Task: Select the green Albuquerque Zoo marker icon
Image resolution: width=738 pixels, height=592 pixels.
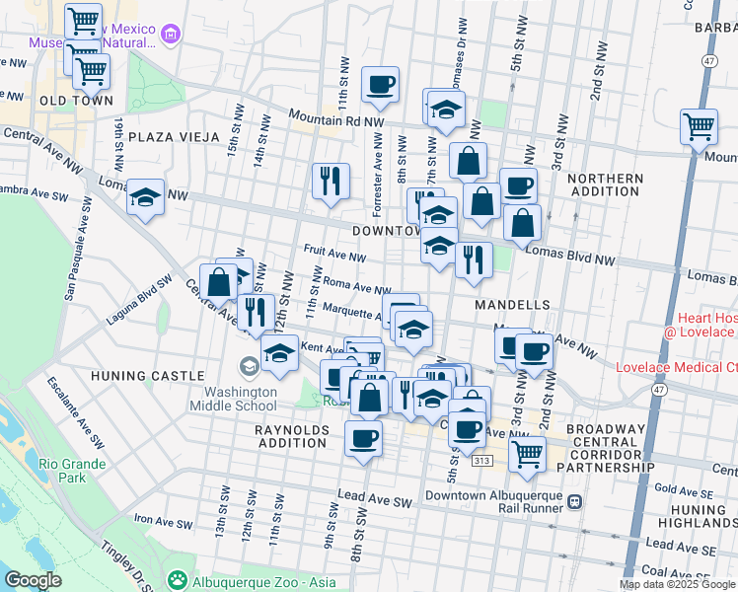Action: [x=177, y=578]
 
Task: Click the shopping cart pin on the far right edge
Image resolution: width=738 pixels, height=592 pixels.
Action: [x=699, y=126]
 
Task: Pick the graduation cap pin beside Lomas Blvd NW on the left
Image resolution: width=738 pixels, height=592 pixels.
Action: [x=145, y=197]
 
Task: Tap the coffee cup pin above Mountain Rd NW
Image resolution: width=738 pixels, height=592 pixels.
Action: [x=380, y=85]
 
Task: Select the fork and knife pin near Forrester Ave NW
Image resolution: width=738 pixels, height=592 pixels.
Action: [x=331, y=181]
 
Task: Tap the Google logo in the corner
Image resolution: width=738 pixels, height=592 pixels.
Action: [x=33, y=580]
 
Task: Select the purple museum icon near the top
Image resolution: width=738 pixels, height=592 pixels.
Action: [x=171, y=36]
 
